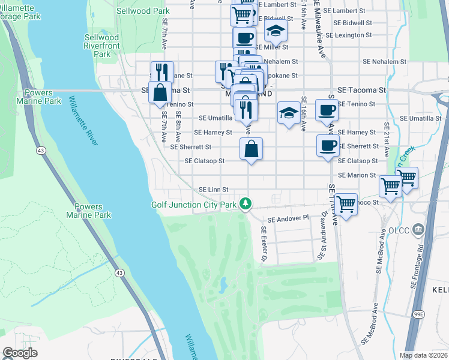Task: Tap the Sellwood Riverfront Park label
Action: [x=101, y=46]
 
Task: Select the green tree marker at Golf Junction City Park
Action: [x=245, y=205]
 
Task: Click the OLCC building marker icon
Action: [x=418, y=229]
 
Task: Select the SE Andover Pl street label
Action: [x=288, y=220]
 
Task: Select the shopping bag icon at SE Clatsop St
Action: [x=251, y=149]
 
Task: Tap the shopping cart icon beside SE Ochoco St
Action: [x=346, y=204]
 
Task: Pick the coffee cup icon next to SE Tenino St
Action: [x=327, y=110]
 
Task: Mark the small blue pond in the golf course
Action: [x=223, y=281]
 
